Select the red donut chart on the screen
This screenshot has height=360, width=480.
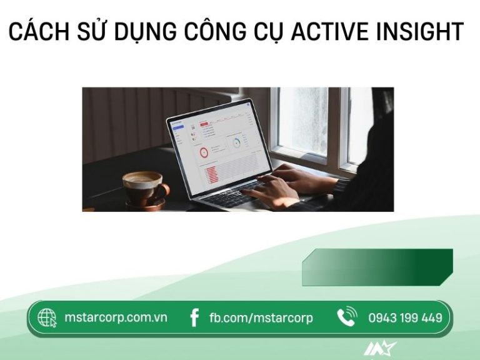tap(204, 152)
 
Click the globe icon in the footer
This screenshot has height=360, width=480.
tap(47, 318)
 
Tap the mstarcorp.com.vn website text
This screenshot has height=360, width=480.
tap(116, 317)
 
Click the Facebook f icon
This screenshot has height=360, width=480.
tap(194, 318)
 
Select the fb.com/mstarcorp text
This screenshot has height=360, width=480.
tap(261, 318)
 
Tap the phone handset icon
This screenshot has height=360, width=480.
tap(346, 317)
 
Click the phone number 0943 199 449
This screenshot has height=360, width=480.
tap(405, 318)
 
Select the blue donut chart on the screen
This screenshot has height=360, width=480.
tap(237, 143)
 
